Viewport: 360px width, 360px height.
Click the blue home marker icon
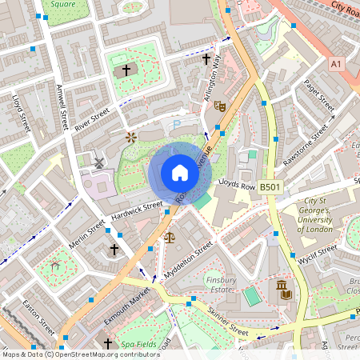click(x=180, y=172)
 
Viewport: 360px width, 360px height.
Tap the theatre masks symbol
click(x=222, y=105)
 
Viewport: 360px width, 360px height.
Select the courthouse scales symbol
click(x=169, y=237)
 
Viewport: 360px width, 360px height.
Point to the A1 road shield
click(x=336, y=62)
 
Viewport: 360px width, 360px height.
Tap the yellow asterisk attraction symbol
click(x=131, y=138)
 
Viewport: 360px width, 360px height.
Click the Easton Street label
click(x=37, y=318)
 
